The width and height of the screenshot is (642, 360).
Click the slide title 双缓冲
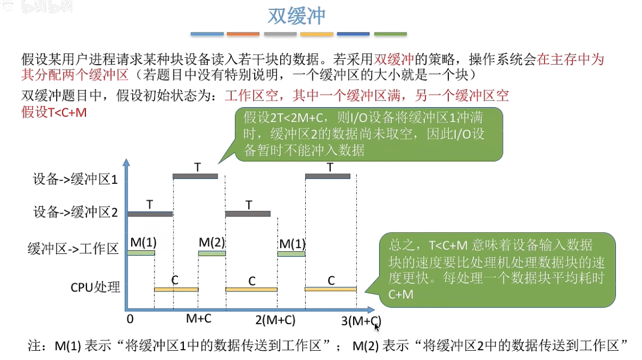(x=297, y=16)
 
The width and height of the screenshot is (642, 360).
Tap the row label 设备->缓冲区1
(x=76, y=179)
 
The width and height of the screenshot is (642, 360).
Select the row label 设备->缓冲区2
(x=76, y=213)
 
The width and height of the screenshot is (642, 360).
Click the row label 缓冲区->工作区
(x=73, y=250)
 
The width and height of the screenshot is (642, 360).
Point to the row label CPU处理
(x=95, y=287)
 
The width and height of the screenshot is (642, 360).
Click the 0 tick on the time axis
(x=129, y=319)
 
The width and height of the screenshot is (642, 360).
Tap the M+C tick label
(x=199, y=318)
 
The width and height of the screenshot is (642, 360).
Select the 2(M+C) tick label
(x=275, y=320)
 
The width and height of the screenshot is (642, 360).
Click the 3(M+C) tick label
(x=361, y=321)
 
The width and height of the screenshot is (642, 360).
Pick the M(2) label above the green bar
(x=212, y=242)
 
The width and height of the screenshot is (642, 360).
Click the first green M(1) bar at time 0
(x=141, y=253)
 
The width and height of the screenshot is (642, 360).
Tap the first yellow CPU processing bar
(x=176, y=289)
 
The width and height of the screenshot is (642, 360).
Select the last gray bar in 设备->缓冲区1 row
(x=328, y=176)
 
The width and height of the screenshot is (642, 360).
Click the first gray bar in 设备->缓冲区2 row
(x=150, y=214)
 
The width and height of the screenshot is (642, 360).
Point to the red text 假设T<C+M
(x=54, y=113)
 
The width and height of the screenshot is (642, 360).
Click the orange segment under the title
(x=243, y=34)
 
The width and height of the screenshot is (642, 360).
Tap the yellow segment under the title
(x=317, y=34)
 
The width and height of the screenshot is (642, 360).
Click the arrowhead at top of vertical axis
(x=126, y=163)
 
